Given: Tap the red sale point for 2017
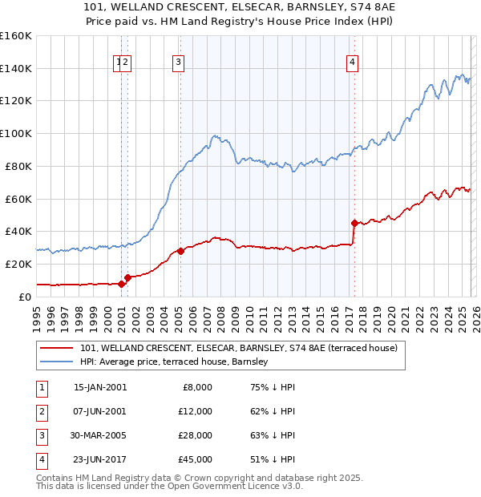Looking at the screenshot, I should pyautogui.click(x=354, y=222).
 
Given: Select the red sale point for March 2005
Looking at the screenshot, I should pyautogui.click(x=180, y=251).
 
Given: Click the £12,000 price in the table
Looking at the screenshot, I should pyautogui.click(x=195, y=410).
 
